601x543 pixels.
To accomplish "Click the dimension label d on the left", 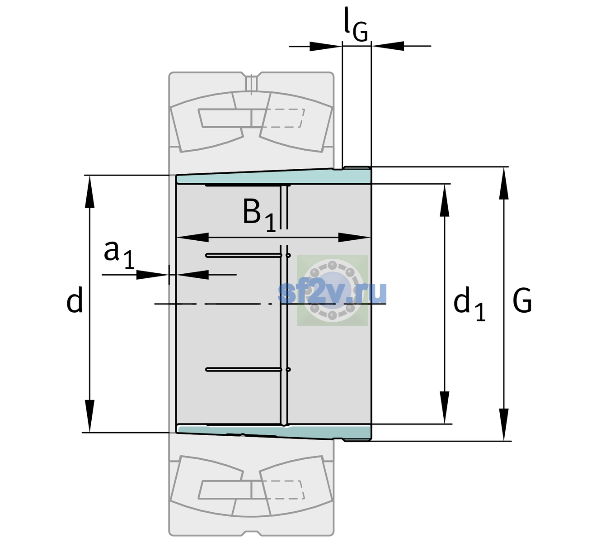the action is click(74, 300).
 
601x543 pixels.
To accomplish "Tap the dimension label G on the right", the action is click(522, 300).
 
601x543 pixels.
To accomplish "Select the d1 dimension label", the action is click(470, 304).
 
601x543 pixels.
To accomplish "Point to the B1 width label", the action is click(259, 215).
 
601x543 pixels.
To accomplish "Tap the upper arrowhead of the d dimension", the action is click(89, 192).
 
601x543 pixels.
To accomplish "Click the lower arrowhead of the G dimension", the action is click(504, 424).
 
